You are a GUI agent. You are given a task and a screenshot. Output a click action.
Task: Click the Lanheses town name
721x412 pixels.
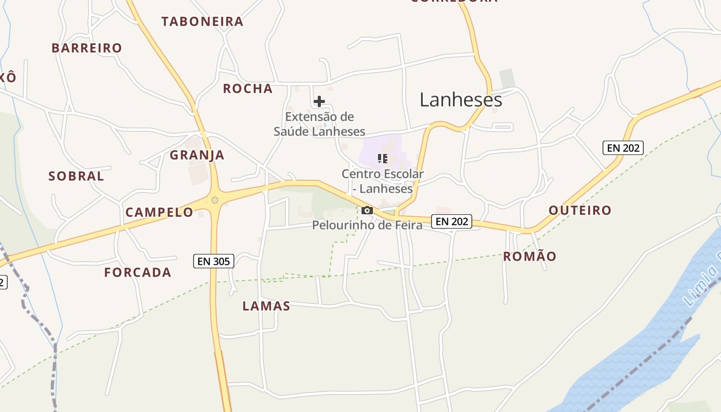click(460, 99)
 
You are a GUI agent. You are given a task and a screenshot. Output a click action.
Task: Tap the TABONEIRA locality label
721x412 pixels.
click(202, 22)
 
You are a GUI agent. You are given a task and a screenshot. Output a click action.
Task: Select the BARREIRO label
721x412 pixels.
click(87, 48)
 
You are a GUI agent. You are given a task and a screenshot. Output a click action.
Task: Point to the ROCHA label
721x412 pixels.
click(248, 89)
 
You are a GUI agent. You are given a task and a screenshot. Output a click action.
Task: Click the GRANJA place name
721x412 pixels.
click(197, 155)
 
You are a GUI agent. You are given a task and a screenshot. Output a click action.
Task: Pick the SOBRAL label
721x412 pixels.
click(76, 176)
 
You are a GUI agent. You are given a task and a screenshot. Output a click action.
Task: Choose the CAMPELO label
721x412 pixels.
click(159, 212)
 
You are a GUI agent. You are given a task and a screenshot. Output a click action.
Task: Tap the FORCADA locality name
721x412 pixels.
click(138, 272)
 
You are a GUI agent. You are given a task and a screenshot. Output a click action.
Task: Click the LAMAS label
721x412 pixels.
click(266, 306)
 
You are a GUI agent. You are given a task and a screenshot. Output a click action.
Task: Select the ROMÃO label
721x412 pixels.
click(529, 256)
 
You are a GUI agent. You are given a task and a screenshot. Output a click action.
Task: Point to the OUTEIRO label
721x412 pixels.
click(580, 210)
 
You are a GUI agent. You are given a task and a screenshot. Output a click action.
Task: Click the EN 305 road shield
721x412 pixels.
click(214, 261)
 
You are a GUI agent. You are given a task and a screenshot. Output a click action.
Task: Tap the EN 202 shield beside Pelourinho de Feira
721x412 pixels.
click(452, 221)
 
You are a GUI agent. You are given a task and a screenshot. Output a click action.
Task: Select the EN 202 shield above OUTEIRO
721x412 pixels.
click(623, 148)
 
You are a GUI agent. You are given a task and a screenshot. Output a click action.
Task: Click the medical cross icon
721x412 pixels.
click(319, 101)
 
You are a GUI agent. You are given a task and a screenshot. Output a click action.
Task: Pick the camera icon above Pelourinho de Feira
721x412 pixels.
click(367, 210)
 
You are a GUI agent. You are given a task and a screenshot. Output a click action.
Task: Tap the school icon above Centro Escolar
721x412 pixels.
click(382, 159)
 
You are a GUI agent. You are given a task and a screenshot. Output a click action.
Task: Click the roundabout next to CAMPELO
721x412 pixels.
click(215, 200)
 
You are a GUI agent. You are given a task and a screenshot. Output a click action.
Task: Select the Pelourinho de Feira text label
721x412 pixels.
click(367, 225)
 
